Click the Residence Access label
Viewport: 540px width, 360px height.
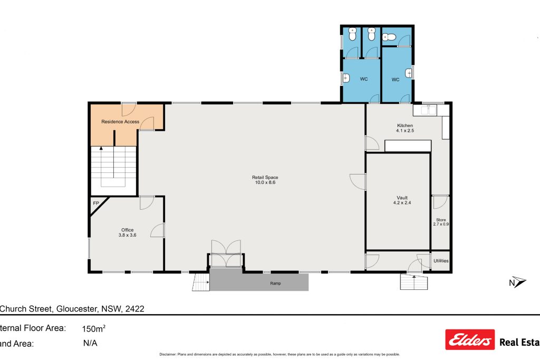click(120, 122)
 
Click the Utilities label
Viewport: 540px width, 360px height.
click(441, 261)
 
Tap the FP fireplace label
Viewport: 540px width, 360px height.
click(96, 203)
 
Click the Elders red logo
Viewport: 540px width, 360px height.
click(470, 340)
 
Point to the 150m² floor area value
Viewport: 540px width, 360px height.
click(94, 328)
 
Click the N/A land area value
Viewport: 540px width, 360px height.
click(90, 343)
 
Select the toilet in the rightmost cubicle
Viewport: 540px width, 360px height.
click(389, 37)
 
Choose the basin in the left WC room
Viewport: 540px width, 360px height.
click(346, 79)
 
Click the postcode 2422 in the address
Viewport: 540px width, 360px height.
click(134, 309)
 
